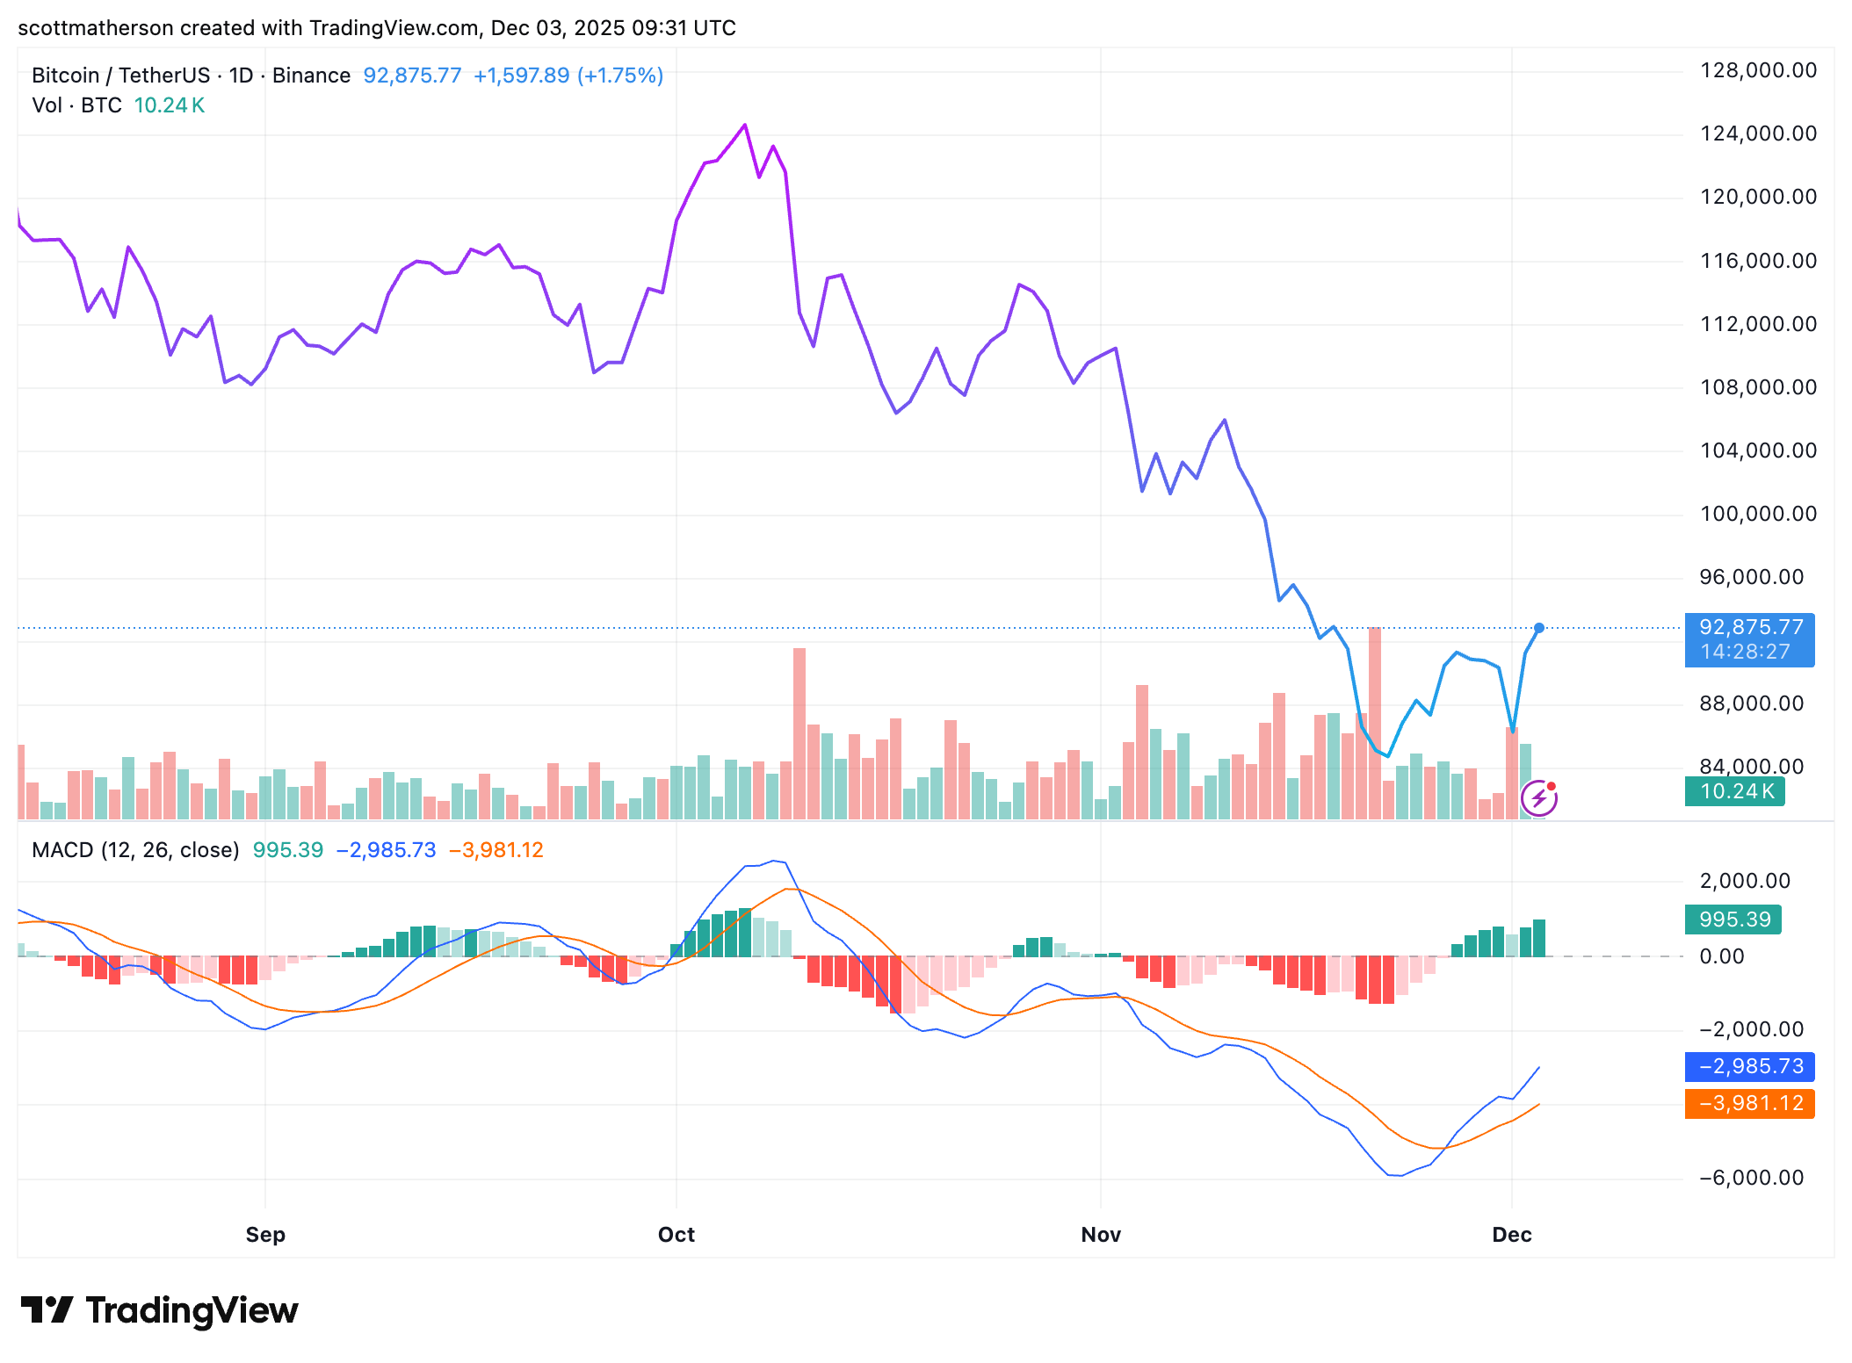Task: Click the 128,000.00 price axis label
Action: click(1758, 70)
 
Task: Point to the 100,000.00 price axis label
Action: click(1758, 514)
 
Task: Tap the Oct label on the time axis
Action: click(676, 1235)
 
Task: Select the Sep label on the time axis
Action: click(265, 1235)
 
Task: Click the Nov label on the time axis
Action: click(1101, 1235)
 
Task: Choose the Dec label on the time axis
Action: click(1512, 1235)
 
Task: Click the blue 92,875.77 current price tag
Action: click(1749, 639)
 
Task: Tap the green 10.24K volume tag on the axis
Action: click(1735, 791)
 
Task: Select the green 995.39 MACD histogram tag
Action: click(1733, 919)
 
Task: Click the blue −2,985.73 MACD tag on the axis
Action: click(1749, 1066)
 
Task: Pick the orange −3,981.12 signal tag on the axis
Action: click(1749, 1103)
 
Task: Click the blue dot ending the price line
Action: click(1539, 628)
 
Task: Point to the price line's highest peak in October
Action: click(745, 125)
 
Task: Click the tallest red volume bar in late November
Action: click(1375, 724)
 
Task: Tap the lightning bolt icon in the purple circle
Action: click(1539, 798)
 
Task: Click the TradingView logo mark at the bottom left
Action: click(47, 1309)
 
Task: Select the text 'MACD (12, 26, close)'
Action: click(135, 850)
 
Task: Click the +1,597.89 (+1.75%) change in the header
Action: click(568, 76)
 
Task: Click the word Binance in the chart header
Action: click(311, 76)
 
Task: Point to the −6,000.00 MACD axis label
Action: click(1752, 1178)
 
